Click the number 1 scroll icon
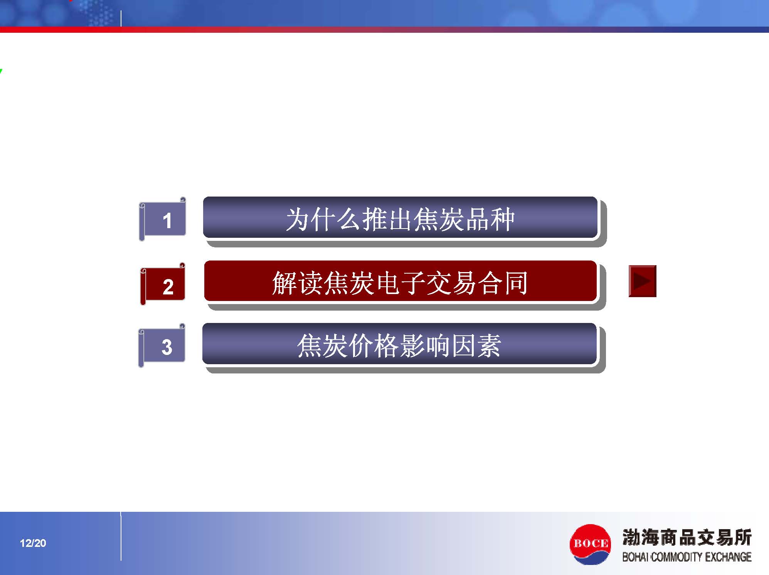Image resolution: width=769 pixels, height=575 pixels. [162, 219]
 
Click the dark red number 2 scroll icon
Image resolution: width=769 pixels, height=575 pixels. [163, 284]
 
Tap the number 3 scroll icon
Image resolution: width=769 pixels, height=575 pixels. [162, 345]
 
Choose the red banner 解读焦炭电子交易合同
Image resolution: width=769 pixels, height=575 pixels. [400, 281]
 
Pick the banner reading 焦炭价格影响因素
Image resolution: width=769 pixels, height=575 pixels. [399, 344]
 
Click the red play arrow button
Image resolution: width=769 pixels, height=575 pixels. [643, 281]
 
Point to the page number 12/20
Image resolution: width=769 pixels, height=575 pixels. [33, 543]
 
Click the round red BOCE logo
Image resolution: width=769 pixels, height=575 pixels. [590, 544]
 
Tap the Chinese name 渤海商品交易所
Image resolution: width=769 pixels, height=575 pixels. [687, 537]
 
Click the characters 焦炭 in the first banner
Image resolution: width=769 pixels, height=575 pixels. [438, 219]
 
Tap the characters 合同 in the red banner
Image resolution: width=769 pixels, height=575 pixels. [503, 283]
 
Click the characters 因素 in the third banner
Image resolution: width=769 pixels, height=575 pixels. [476, 345]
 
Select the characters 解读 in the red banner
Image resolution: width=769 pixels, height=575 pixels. [297, 283]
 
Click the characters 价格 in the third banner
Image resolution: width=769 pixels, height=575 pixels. [374, 345]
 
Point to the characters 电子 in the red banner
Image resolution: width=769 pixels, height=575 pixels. [400, 283]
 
